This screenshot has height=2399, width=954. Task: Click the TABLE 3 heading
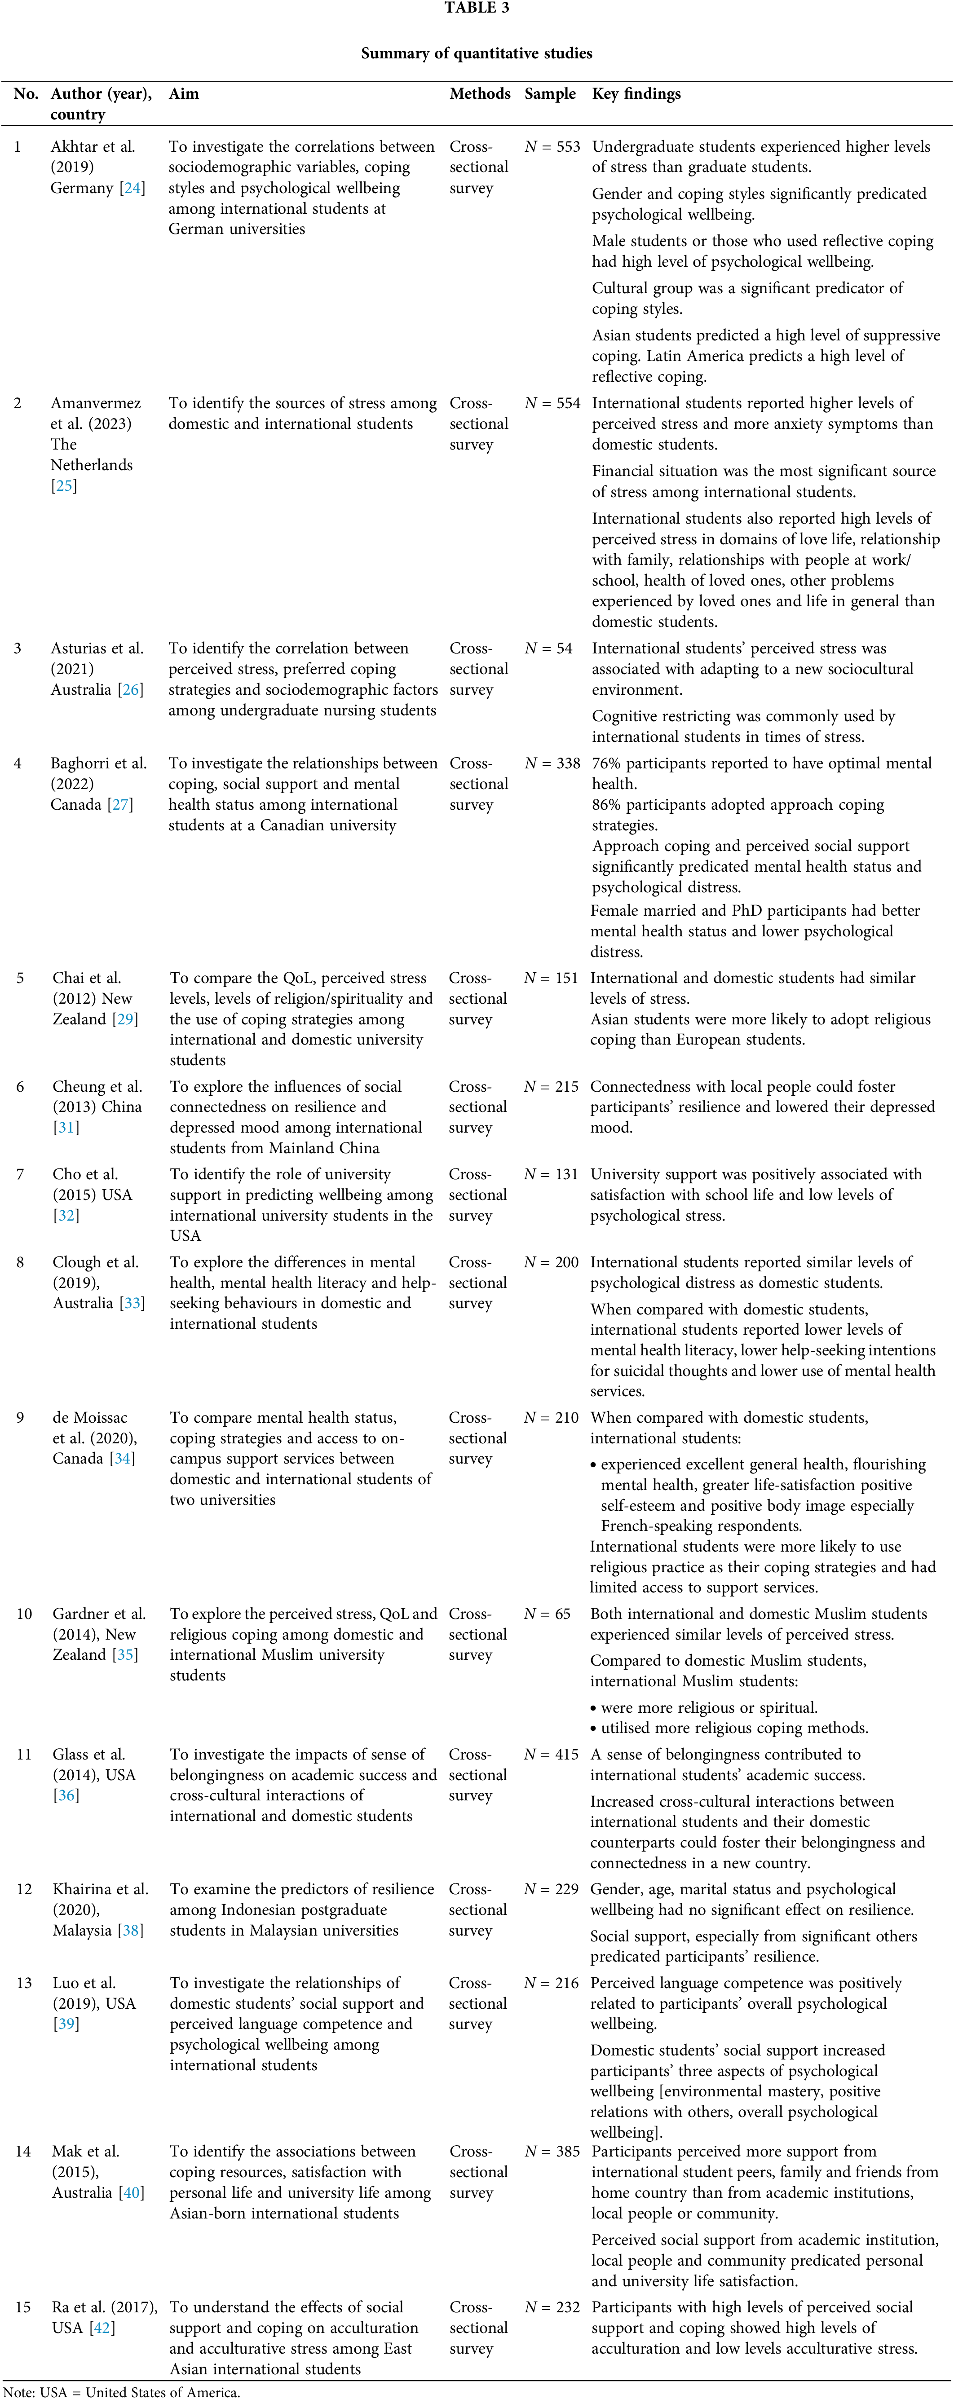click(x=476, y=9)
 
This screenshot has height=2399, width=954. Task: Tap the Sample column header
click(x=550, y=94)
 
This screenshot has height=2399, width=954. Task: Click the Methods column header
click(x=480, y=94)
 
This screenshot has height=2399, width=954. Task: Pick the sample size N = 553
click(x=552, y=147)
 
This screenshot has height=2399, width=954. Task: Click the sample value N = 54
click(x=548, y=648)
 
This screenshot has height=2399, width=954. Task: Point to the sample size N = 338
click(x=552, y=763)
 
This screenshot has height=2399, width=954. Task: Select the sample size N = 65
click(x=547, y=1614)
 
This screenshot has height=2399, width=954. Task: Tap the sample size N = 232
click(x=552, y=2308)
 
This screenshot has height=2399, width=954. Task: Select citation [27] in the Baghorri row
click(x=121, y=805)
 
